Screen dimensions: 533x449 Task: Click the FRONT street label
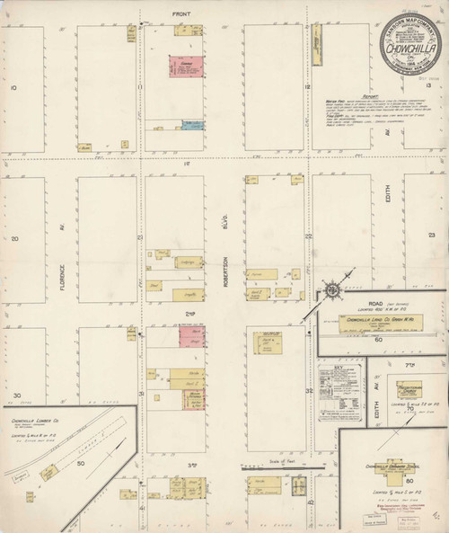tap(181, 13)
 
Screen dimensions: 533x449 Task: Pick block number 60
tap(378, 340)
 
